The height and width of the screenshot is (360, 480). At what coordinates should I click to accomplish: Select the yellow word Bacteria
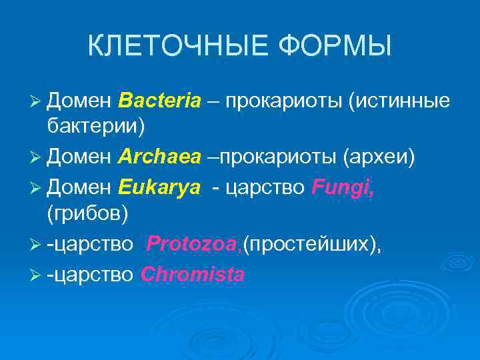(x=159, y=101)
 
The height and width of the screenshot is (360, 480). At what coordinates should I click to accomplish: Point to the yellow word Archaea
(x=159, y=157)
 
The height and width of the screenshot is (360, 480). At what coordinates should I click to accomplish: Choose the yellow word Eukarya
(x=159, y=188)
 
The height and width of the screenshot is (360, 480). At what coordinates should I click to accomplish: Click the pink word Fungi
(x=343, y=188)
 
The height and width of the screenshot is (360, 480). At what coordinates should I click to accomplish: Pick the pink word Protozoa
(x=193, y=243)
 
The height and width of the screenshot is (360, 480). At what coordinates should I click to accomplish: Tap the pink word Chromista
(x=193, y=274)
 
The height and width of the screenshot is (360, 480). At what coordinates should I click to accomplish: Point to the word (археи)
(x=379, y=157)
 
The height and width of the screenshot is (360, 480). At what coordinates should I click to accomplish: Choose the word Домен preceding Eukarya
(x=80, y=188)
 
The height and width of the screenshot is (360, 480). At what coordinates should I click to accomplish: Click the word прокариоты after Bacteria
(x=281, y=101)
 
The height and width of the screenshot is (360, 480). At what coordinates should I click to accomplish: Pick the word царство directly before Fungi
(x=266, y=188)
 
